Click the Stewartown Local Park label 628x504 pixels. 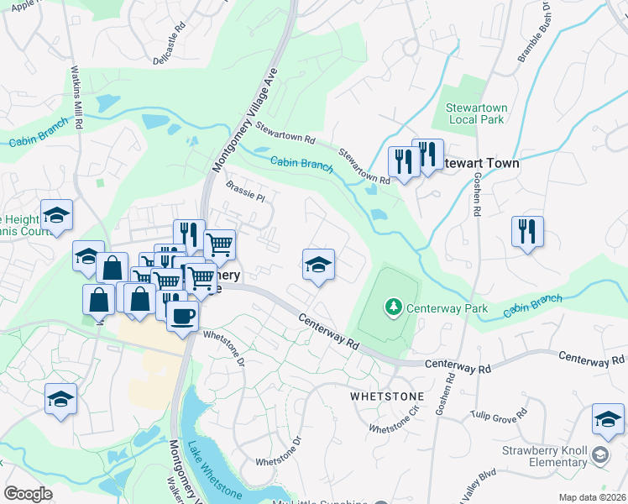[477, 113]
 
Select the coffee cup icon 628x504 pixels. [182, 316]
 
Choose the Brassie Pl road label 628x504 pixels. [244, 192]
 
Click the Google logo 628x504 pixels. [28, 494]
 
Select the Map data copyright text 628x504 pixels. [592, 497]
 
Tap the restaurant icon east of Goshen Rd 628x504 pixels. [527, 231]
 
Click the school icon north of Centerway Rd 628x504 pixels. [318, 265]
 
